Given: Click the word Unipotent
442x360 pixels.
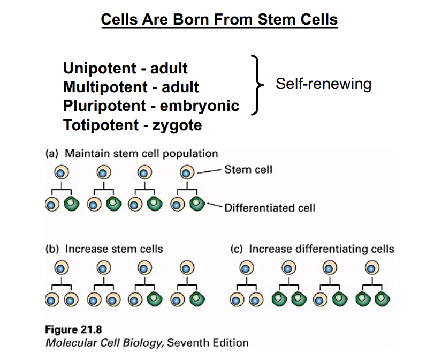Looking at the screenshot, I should coord(100,68).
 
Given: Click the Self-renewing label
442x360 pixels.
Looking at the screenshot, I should coord(323,84).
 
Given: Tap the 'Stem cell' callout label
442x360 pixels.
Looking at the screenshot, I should coord(248,169).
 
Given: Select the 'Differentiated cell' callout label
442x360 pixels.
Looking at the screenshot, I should coord(270,207).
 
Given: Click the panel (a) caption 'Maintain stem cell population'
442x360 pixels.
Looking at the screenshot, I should coord(141,154).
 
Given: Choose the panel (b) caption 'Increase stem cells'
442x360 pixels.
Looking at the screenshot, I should coord(114,249).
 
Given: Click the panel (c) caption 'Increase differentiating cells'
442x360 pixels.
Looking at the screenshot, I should coord(321,249).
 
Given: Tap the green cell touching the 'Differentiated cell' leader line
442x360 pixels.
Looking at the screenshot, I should coord(197,204).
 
